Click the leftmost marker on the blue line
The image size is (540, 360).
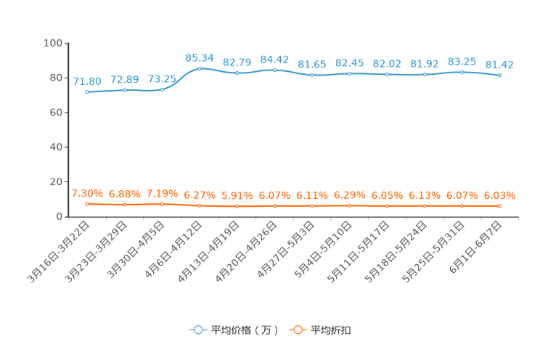coord(87,93)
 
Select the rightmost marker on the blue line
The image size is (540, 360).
coord(499,75)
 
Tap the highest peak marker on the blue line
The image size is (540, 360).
coord(200,68)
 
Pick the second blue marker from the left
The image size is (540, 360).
coord(125,90)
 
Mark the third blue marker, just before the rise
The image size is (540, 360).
coord(162,89)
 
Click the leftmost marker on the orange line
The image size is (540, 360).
coord(87,204)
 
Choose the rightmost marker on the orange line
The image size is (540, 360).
coord(499,206)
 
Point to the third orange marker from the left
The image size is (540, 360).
coord(162,204)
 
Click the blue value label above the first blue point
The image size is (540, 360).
coord(87,81)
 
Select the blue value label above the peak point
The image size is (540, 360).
coord(200,57)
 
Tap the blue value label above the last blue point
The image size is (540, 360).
coord(499,65)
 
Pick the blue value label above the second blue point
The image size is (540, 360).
coord(125,78)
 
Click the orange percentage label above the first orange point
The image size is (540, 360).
coord(87,194)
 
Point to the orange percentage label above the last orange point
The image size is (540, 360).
coord(499,196)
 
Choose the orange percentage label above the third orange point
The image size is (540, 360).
coord(162,194)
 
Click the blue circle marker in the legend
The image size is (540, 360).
coord(198,330)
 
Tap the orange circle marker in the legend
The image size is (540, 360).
coord(297,330)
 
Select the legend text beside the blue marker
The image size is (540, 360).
coord(245,330)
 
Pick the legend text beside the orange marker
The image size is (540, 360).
coord(332,330)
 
